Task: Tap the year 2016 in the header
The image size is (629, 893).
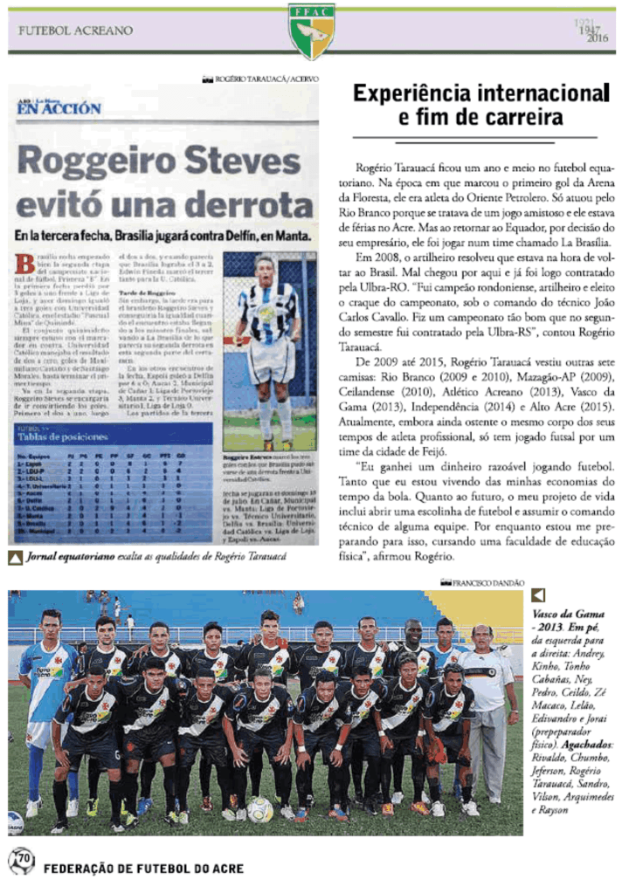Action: tap(598, 39)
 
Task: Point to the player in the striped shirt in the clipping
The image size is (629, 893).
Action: tap(267, 332)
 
